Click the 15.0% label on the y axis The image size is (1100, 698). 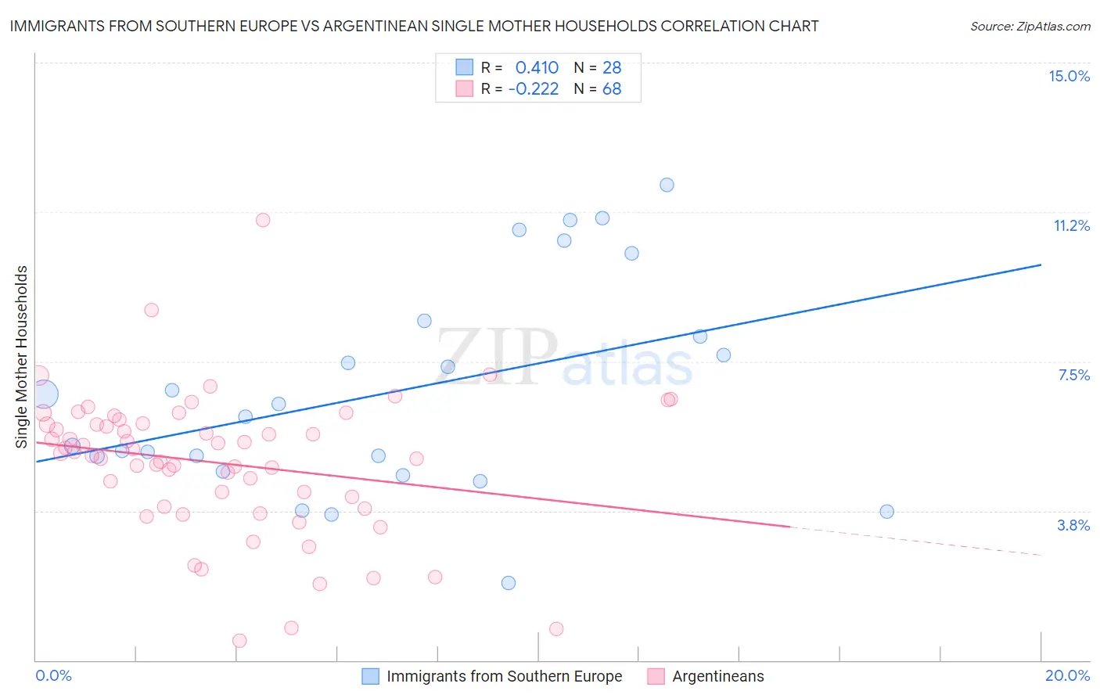(1069, 76)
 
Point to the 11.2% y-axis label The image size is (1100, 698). (1071, 225)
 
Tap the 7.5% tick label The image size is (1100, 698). (1073, 375)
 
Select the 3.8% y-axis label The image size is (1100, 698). (1073, 525)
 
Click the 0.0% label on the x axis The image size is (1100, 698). (53, 675)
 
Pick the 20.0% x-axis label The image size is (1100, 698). (1067, 675)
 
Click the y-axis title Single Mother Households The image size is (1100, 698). (22, 357)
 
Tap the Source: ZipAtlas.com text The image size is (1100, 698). (1030, 26)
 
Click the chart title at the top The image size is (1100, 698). (414, 26)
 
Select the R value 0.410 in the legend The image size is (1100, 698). (537, 67)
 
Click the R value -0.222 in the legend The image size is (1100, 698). (534, 88)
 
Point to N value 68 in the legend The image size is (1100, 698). (612, 88)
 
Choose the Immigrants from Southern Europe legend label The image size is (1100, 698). (505, 676)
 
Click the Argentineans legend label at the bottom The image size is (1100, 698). (718, 676)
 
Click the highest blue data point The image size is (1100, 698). (667, 185)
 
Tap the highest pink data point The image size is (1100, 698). (263, 220)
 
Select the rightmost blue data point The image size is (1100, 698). (886, 512)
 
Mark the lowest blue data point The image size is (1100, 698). (509, 583)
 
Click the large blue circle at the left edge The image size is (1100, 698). (44, 395)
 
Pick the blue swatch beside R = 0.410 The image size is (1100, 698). (465, 67)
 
